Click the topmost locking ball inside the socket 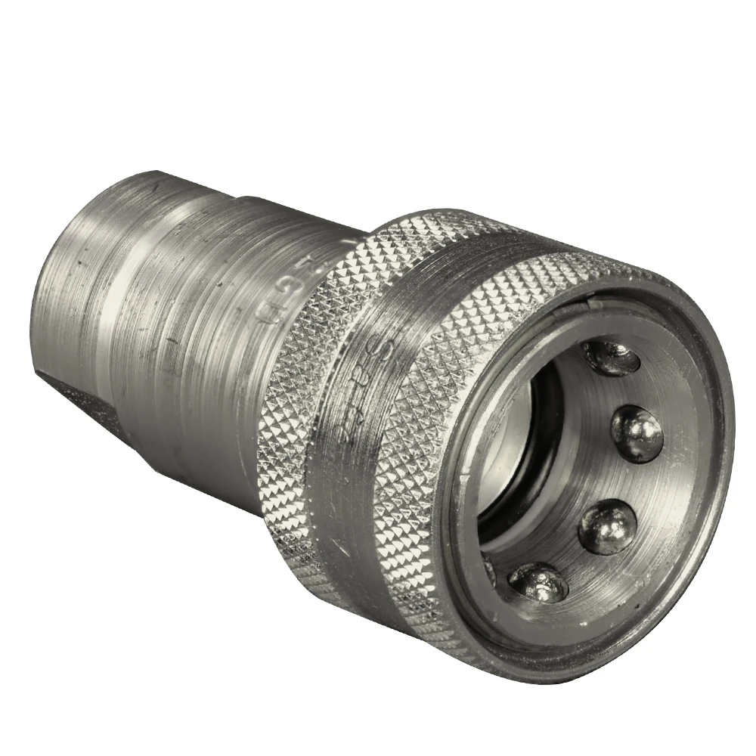coord(611,357)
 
